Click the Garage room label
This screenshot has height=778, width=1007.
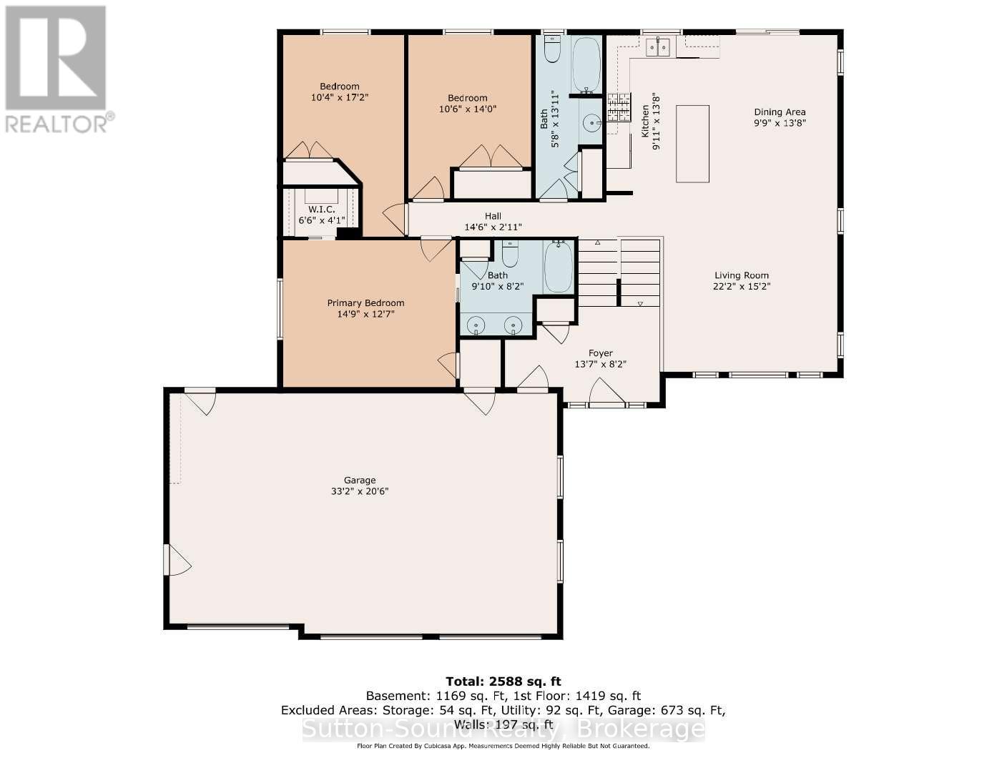click(x=359, y=481)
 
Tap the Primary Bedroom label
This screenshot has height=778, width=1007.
click(x=365, y=302)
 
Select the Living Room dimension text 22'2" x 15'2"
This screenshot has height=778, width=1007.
click(x=741, y=286)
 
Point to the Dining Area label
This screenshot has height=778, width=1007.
click(x=780, y=112)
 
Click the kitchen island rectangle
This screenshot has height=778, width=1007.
click(x=692, y=144)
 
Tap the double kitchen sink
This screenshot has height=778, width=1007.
click(x=659, y=47)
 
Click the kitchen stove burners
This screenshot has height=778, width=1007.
click(x=619, y=106)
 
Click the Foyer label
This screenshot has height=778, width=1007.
click(x=600, y=353)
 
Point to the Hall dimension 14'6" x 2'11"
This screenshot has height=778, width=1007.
click(x=493, y=227)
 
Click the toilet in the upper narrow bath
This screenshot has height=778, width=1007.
click(x=552, y=49)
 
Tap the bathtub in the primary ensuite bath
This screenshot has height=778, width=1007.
click(x=559, y=267)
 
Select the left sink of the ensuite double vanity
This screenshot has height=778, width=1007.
click(x=477, y=325)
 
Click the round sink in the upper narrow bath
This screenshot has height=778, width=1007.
click(x=592, y=124)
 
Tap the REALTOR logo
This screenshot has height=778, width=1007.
click(x=56, y=69)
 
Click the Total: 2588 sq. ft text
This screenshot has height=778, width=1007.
click(x=498, y=681)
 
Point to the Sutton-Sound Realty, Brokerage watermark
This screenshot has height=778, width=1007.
click(x=503, y=729)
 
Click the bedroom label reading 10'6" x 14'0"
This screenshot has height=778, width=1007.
click(x=468, y=109)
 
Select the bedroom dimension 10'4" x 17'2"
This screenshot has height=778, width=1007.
click(x=339, y=97)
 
